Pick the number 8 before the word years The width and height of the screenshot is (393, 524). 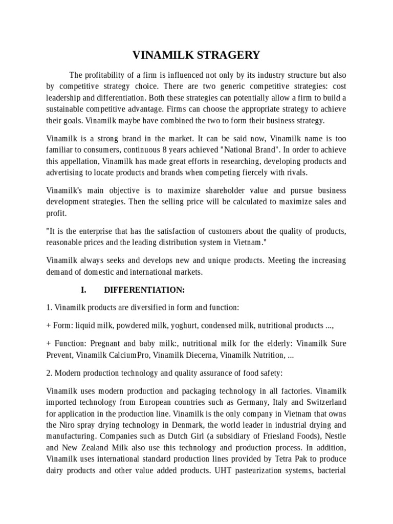164,149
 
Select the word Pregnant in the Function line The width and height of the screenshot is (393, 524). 105,342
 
